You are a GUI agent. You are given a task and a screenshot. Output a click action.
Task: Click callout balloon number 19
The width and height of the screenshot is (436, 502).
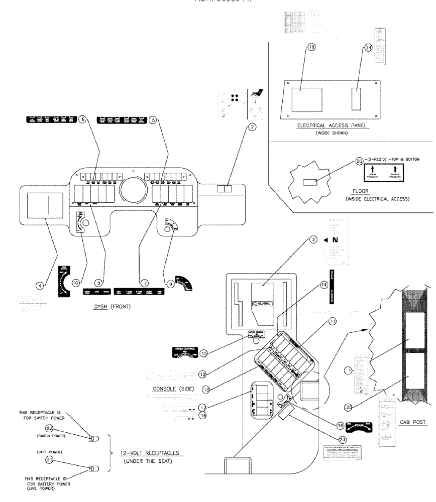click(311, 47)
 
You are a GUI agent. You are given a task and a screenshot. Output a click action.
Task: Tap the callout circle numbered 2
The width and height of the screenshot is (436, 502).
click(253, 128)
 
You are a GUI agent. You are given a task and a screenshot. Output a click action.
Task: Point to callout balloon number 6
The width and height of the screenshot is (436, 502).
click(83, 120)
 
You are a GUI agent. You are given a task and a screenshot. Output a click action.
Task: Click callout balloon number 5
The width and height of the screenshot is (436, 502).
click(153, 120)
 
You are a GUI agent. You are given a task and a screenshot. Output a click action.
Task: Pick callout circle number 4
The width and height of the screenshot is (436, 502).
click(39, 285)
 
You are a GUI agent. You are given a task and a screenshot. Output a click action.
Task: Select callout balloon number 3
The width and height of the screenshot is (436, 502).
click(313, 240)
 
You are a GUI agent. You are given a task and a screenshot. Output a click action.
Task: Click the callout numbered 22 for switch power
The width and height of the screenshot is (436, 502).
click(77, 428)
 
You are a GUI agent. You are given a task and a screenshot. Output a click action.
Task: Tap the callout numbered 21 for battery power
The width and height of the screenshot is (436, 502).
click(77, 459)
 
